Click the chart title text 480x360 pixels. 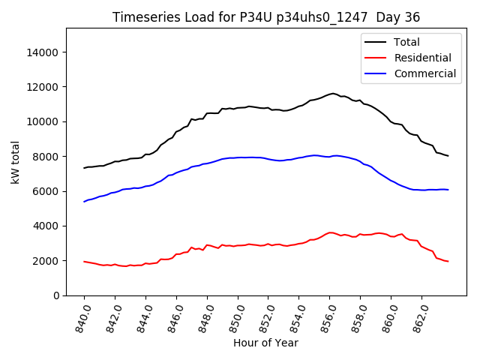pos(265,17)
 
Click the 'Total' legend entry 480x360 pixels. pos(406,42)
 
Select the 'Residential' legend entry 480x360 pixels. pos(422,58)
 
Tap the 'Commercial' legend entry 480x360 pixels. pos(424,73)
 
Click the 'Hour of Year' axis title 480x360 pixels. pos(265,343)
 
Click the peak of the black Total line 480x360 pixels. pos(333,94)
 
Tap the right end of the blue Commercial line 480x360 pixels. pos(448,190)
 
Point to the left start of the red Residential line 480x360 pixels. pos(84,261)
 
